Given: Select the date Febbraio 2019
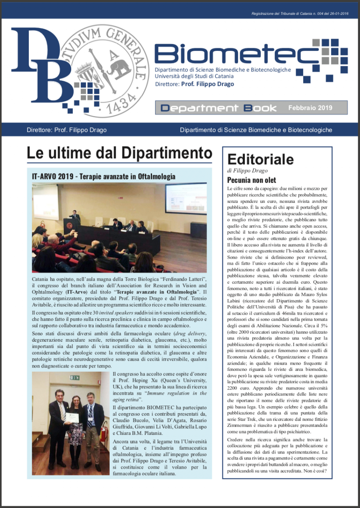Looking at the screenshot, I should (310, 108).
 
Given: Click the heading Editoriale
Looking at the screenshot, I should (260, 159).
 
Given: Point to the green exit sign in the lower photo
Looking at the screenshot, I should (75, 377).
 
